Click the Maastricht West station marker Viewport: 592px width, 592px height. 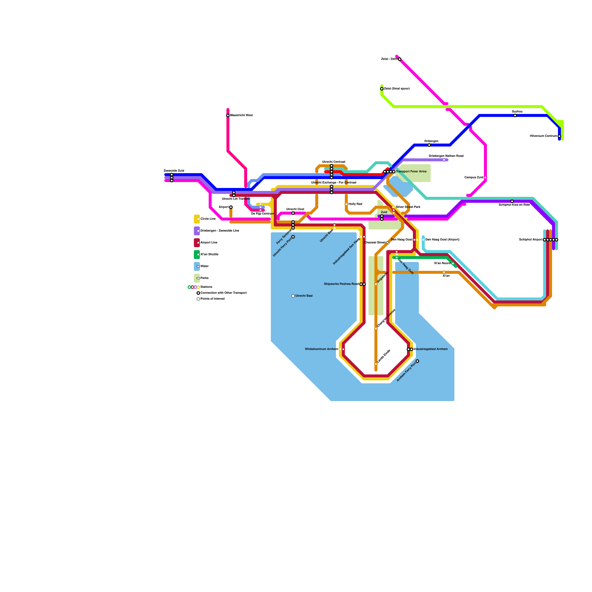click(x=228, y=115)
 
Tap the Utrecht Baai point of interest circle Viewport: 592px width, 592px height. click(x=293, y=296)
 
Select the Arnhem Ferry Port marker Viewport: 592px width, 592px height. click(x=417, y=361)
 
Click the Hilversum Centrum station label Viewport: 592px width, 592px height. click(x=543, y=136)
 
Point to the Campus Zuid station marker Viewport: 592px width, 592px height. click(x=485, y=178)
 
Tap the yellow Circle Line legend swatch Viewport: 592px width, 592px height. click(x=197, y=219)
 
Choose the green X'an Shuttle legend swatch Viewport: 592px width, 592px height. click(x=197, y=255)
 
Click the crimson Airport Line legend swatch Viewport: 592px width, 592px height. click(x=197, y=243)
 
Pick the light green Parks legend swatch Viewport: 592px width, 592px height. click(x=197, y=278)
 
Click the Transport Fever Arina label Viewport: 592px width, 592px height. click(x=411, y=172)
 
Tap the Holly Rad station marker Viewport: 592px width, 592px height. click(x=346, y=204)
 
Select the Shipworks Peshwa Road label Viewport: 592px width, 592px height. click(x=341, y=284)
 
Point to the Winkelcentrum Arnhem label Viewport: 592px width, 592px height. click(x=321, y=349)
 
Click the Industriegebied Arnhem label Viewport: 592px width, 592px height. click(x=431, y=349)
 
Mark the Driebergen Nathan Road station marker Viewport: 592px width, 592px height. click(x=444, y=160)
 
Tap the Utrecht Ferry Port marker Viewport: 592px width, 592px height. click(x=293, y=237)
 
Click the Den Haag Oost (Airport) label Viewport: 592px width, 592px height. click(x=443, y=240)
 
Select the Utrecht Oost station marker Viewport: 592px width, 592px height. click(x=293, y=213)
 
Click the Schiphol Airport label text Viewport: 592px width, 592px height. click(x=531, y=240)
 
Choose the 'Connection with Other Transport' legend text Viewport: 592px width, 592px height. click(x=223, y=293)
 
